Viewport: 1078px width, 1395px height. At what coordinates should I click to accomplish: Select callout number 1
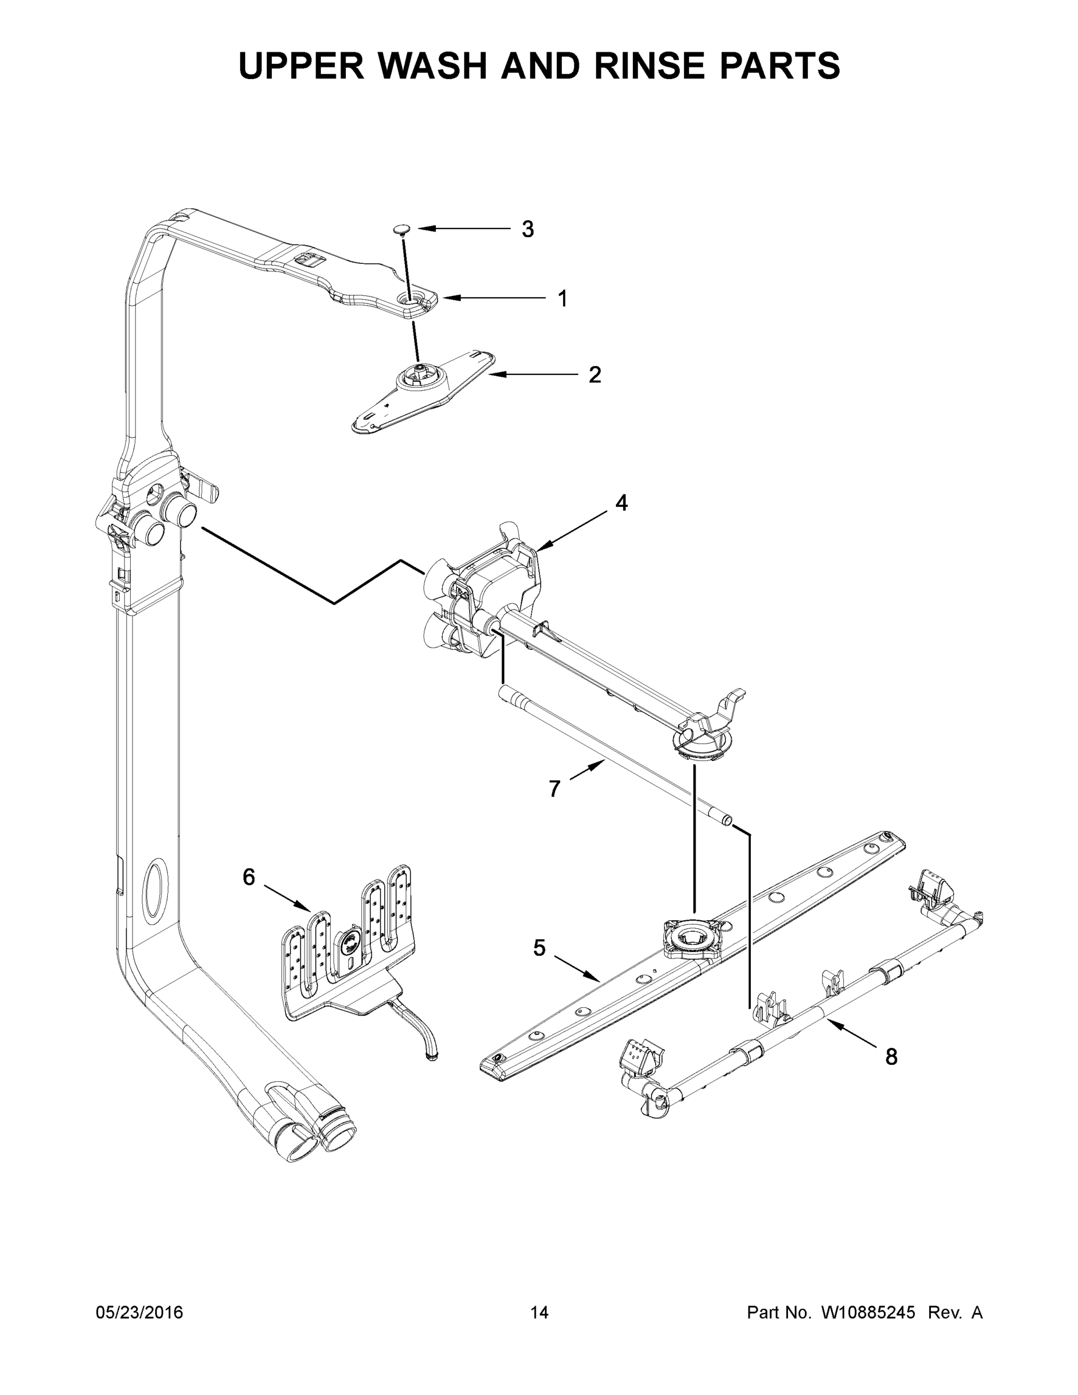[563, 298]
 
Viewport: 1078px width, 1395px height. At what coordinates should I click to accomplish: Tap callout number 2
[594, 375]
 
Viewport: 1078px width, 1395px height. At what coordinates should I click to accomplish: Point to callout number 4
[621, 503]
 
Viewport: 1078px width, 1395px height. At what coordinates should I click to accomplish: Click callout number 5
[540, 967]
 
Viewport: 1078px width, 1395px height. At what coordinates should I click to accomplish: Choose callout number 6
[249, 877]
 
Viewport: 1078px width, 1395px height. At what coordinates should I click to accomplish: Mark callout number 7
[554, 789]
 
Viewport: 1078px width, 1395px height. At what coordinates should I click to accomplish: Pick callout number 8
[891, 1057]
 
